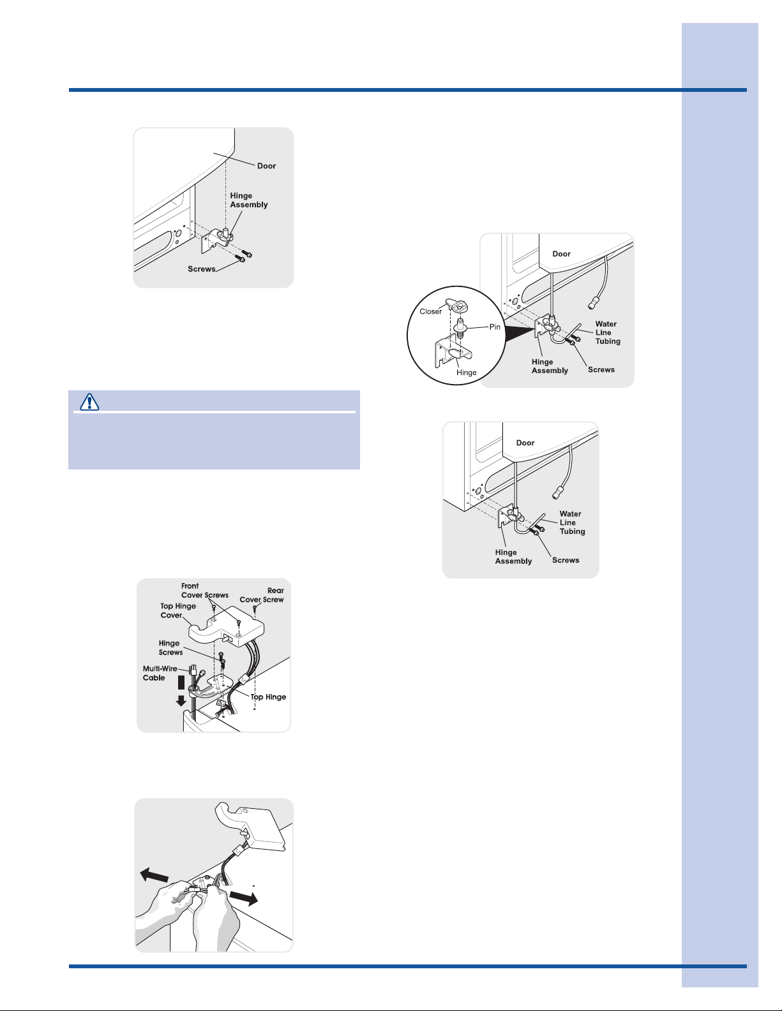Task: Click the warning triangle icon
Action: click(x=89, y=402)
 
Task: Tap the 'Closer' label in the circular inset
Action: click(x=430, y=312)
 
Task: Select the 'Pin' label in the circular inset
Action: click(x=495, y=327)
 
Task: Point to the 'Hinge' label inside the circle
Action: click(x=467, y=373)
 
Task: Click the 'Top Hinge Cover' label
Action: click(x=178, y=610)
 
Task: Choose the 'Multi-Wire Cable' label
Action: click(x=160, y=673)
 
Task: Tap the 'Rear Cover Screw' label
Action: click(x=262, y=595)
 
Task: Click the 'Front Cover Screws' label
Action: click(x=205, y=591)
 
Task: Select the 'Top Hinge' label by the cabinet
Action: click(x=268, y=697)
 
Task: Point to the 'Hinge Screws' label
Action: click(x=170, y=647)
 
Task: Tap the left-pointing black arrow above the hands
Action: click(x=154, y=875)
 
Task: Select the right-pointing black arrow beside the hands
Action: click(x=243, y=897)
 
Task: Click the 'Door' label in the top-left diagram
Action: click(x=266, y=166)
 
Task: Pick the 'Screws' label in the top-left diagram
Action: click(x=202, y=269)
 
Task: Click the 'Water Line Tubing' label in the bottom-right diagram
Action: click(x=572, y=522)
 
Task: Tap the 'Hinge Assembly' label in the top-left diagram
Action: click(x=248, y=200)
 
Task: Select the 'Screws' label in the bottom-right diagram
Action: click(x=566, y=560)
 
